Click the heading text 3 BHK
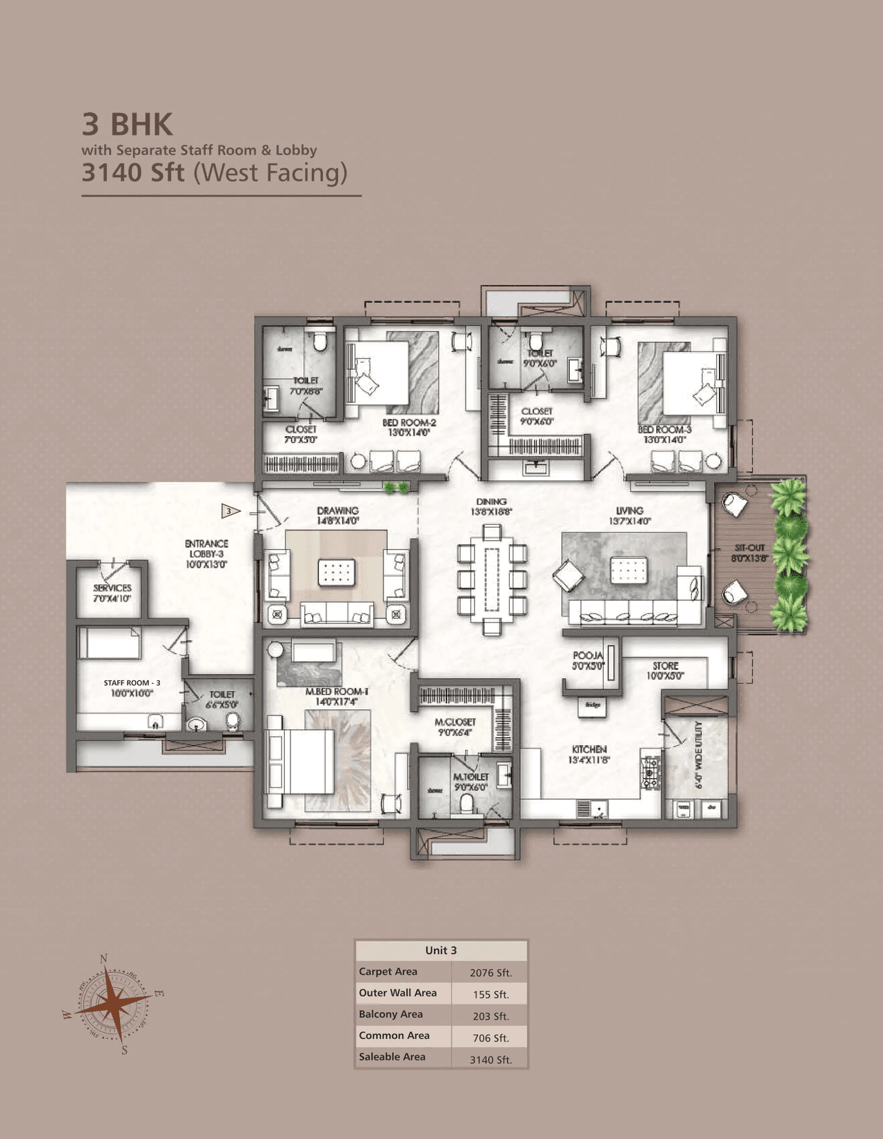128,125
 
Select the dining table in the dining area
492,578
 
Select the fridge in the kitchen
593,706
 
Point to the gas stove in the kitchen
651,773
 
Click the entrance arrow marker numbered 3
230,511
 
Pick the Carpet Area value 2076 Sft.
490,973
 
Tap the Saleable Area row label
392,1057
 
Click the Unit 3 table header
441,951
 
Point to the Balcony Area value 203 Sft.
490,1016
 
